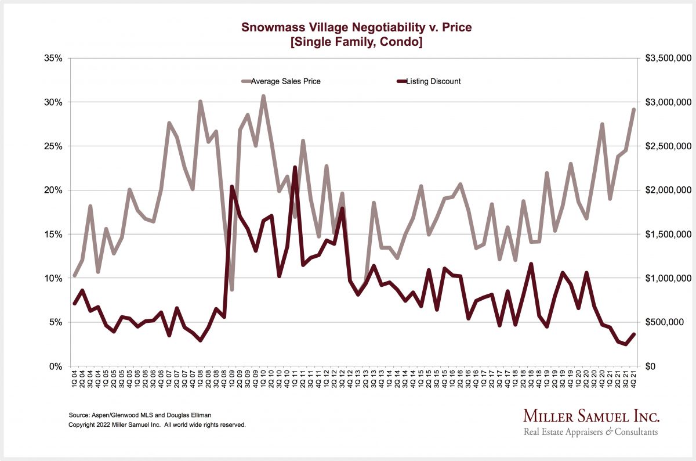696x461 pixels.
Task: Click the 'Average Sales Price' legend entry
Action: (285, 81)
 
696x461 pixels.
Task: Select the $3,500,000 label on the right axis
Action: (667, 58)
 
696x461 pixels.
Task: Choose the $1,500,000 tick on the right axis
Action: (667, 234)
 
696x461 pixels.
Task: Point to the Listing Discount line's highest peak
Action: (295, 167)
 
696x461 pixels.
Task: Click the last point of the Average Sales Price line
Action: (633, 109)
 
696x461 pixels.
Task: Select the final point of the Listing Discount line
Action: (633, 334)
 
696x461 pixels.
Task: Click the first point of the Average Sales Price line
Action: (74, 275)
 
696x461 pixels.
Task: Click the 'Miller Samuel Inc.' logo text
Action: (591, 416)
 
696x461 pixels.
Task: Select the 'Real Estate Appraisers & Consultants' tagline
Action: (591, 432)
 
